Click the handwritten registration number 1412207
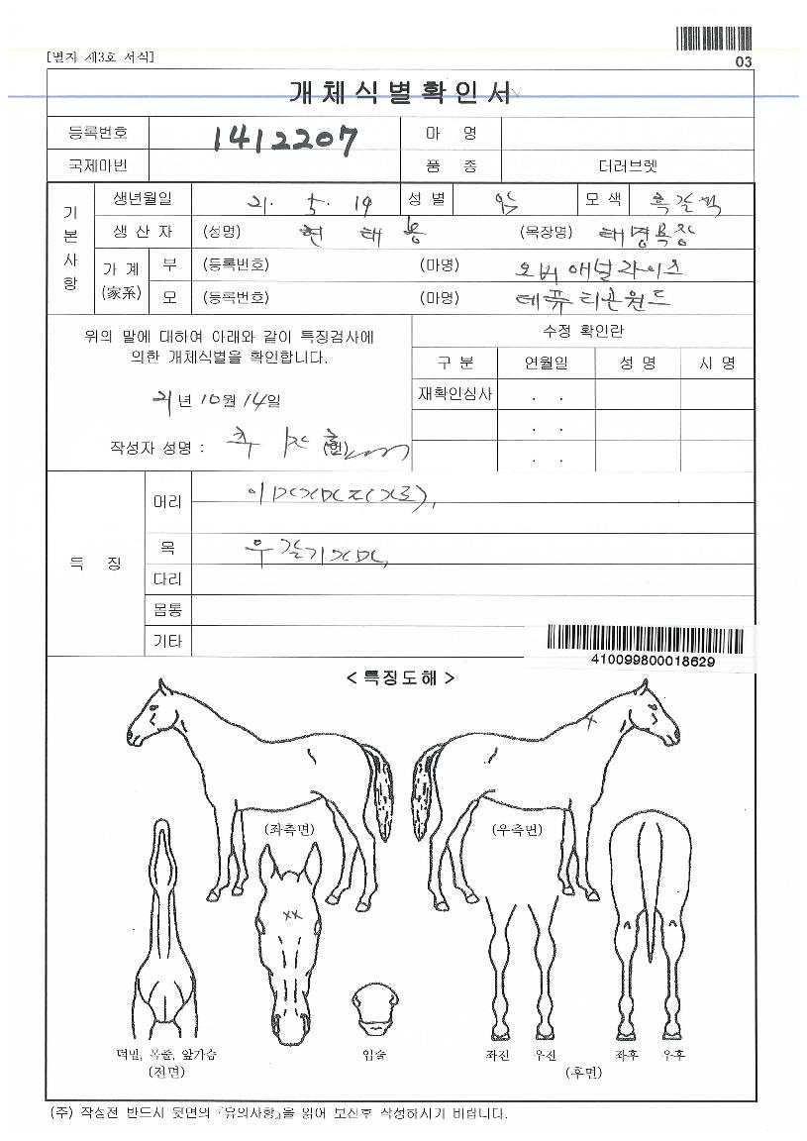point(284,143)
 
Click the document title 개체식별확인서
point(400,93)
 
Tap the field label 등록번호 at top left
point(98,133)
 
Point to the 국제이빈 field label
point(98,165)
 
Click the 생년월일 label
point(142,198)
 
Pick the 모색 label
point(603,199)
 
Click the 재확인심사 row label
point(455,396)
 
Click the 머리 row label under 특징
point(167,502)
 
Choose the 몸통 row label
point(167,610)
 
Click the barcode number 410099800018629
point(653,661)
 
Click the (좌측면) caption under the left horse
point(289,828)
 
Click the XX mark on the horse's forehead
point(292,914)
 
